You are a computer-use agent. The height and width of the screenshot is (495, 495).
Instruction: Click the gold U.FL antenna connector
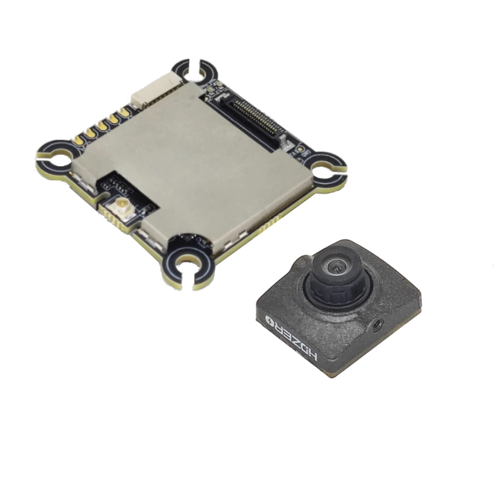pyautogui.click(x=121, y=205)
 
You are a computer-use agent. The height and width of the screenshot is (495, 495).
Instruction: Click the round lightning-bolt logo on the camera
pyautogui.click(x=269, y=321)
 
